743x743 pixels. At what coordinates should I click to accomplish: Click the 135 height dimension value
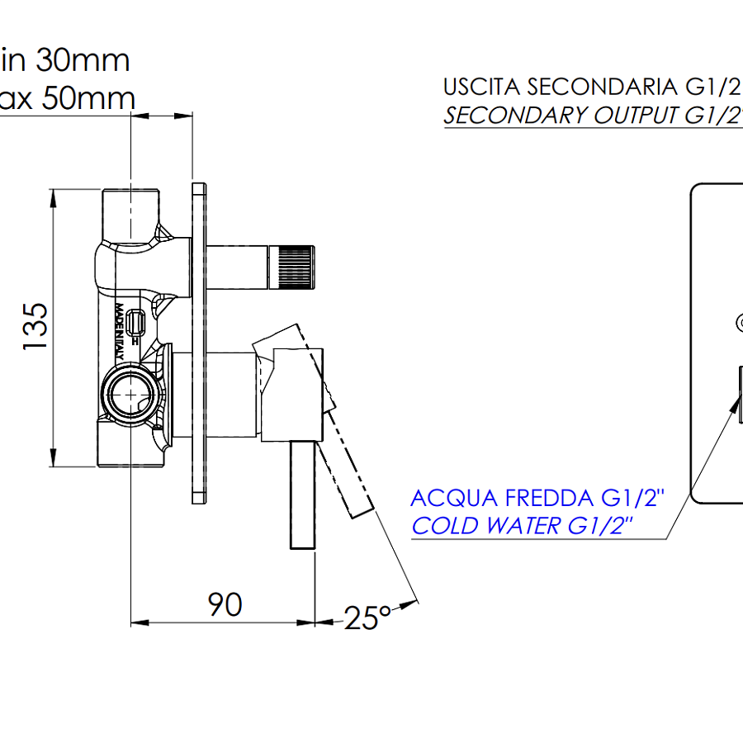[x=35, y=326]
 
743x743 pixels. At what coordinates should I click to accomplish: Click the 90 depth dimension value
[x=225, y=605]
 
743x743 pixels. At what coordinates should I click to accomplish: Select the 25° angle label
[x=367, y=618]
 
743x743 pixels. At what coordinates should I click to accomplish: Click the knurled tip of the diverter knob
[x=296, y=267]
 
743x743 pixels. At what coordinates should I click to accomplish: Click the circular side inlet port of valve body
[x=130, y=393]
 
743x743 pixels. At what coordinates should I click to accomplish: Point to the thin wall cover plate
[x=199, y=343]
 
